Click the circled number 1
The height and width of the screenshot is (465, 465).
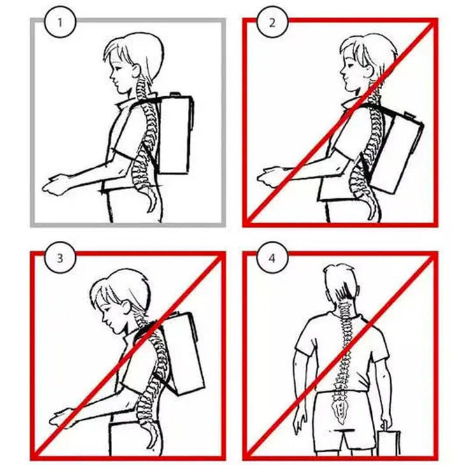[x=61, y=23]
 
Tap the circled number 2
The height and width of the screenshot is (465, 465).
[x=272, y=23]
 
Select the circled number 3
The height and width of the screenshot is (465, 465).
[x=61, y=258]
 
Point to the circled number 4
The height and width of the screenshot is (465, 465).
[x=272, y=258]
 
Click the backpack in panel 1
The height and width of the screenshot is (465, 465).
[x=175, y=135]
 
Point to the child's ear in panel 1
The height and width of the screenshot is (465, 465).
[x=136, y=71]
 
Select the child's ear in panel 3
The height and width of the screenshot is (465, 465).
[x=126, y=308]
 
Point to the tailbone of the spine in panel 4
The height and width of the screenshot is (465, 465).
[x=340, y=411]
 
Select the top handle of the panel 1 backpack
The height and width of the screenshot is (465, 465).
[x=175, y=94]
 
